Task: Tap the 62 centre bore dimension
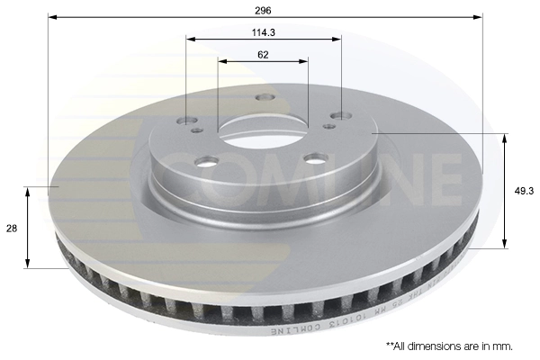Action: click(x=262, y=54)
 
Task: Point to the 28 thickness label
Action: click(x=12, y=229)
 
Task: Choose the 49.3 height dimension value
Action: click(x=521, y=191)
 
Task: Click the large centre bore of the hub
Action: click(x=262, y=135)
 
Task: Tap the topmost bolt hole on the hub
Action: click(x=264, y=97)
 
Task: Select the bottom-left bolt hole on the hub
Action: click(x=207, y=162)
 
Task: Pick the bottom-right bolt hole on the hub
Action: click(x=314, y=158)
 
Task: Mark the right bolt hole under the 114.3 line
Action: click(x=339, y=115)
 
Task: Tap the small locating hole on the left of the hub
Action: click(x=197, y=130)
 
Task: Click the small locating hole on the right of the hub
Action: click(x=329, y=126)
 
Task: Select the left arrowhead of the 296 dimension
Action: click(x=52, y=16)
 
